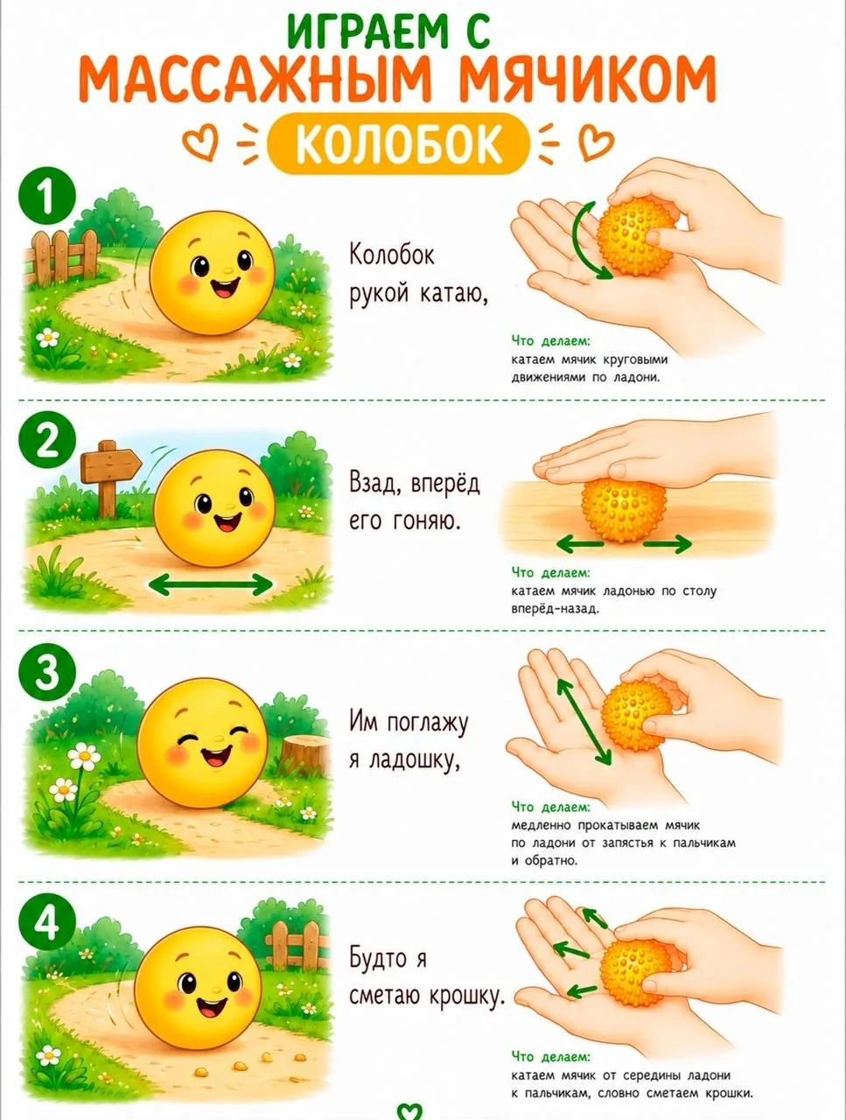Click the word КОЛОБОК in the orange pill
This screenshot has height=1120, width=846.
tap(398, 143)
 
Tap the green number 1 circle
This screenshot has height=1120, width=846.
tap(47, 196)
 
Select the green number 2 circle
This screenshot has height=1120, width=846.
tap(47, 440)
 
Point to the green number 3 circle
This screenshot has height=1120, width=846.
tap(47, 673)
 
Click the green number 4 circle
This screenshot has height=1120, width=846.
tap(47, 922)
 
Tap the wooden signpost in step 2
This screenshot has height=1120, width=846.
tap(109, 477)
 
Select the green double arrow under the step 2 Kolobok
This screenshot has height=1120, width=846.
tap(211, 584)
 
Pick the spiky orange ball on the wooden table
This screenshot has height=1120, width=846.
tap(623, 510)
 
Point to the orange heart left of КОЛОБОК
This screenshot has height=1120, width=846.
tap(199, 143)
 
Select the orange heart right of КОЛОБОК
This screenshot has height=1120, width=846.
tap(596, 143)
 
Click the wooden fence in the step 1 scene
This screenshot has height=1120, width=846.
tap(62, 256)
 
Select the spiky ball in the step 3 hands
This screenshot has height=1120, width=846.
tap(637, 716)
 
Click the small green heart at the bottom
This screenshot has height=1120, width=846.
tap(409, 1112)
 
